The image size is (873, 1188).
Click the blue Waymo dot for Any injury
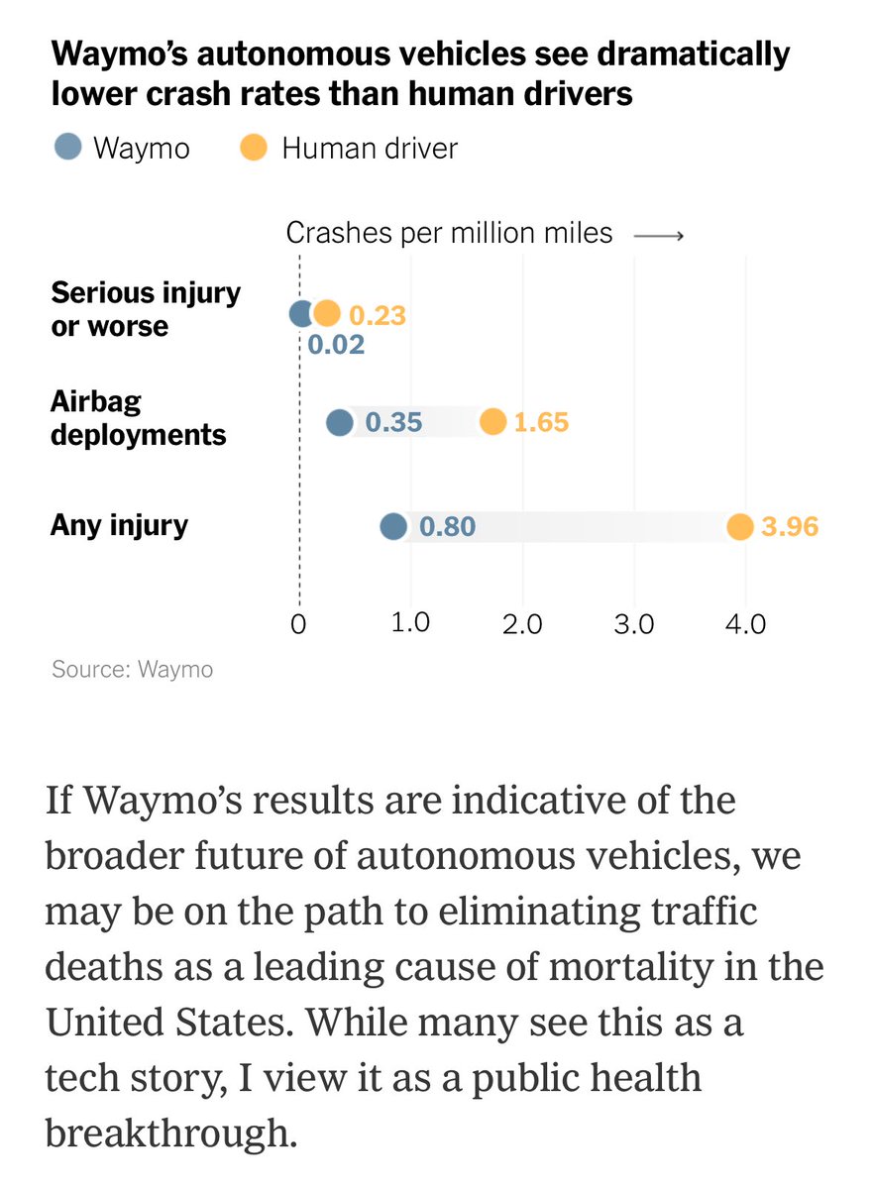pos(393,526)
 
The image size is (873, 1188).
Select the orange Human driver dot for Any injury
pos(739,526)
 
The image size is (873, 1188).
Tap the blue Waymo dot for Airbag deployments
pos(340,423)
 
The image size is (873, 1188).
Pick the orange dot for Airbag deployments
pos(492,423)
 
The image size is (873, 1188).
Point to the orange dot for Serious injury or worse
pos(327,314)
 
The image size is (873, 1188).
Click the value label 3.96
pos(790,526)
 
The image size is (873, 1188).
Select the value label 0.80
pos(447,526)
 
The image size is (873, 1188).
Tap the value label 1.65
pos(540,423)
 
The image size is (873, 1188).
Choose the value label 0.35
pos(393,423)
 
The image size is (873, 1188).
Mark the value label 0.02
pos(336,345)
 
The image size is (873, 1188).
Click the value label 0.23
pos(378,315)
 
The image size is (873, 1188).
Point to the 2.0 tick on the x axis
pos(521,625)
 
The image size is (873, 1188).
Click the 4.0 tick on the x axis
pos(745,625)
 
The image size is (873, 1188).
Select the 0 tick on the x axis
pos(298,625)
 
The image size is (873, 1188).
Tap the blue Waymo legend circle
pos(67,149)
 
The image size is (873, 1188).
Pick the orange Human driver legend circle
pos(254,149)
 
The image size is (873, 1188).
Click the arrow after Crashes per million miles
pos(658,235)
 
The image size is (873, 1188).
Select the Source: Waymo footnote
pos(132,670)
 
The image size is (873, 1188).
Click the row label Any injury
pos(119,524)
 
